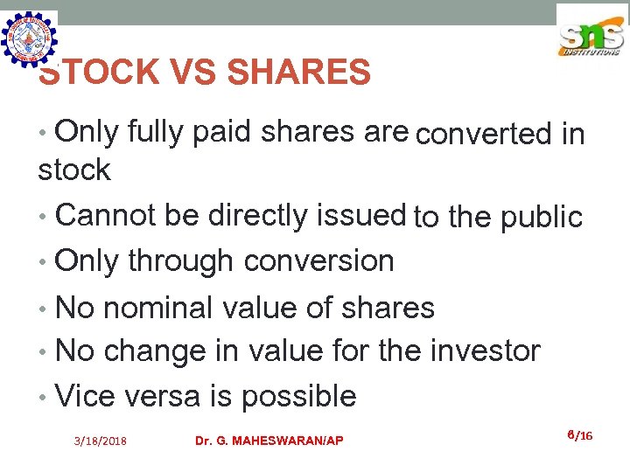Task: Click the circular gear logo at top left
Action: (x=30, y=39)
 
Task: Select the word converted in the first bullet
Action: (x=485, y=135)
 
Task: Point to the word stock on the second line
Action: (x=74, y=170)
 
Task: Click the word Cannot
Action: (x=108, y=215)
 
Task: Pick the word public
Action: (x=542, y=217)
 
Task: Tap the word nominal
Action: (x=171, y=308)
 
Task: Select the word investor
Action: (x=485, y=351)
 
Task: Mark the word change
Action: (x=153, y=351)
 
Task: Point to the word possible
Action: (x=298, y=397)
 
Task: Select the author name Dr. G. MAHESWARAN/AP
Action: (x=269, y=441)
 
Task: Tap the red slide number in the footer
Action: (x=579, y=434)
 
